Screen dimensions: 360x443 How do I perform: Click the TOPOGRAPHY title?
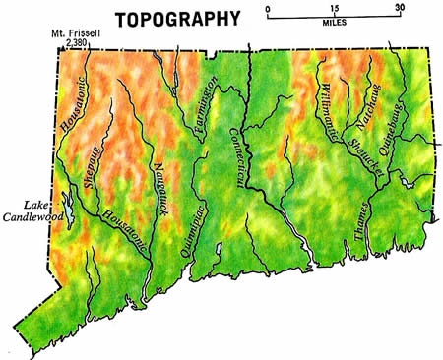point(177,18)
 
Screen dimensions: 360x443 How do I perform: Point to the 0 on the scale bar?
point(268,7)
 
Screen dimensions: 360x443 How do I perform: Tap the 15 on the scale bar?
point(334,7)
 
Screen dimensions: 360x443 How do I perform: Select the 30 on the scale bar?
point(398,7)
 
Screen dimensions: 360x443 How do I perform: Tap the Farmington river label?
point(208,108)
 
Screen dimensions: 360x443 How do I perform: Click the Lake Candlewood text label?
point(32,208)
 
